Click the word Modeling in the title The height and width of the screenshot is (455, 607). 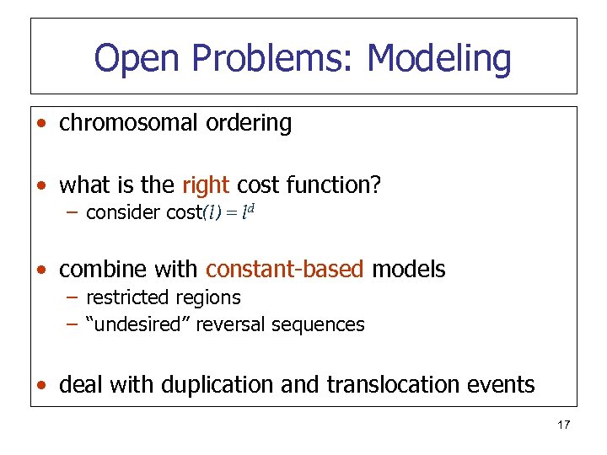tap(439, 59)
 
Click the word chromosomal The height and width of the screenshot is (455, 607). tap(128, 123)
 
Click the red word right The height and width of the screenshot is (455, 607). tap(205, 185)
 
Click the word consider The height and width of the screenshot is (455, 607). tap(123, 212)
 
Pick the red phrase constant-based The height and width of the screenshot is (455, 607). tap(285, 270)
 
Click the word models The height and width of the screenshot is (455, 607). tap(409, 270)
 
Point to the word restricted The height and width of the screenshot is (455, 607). tap(126, 297)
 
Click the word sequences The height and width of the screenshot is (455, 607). tap(322, 324)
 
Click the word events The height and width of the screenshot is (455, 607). tap(497, 385)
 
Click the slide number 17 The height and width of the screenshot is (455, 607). tap(563, 425)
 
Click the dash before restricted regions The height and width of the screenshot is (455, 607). tap(73, 297)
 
